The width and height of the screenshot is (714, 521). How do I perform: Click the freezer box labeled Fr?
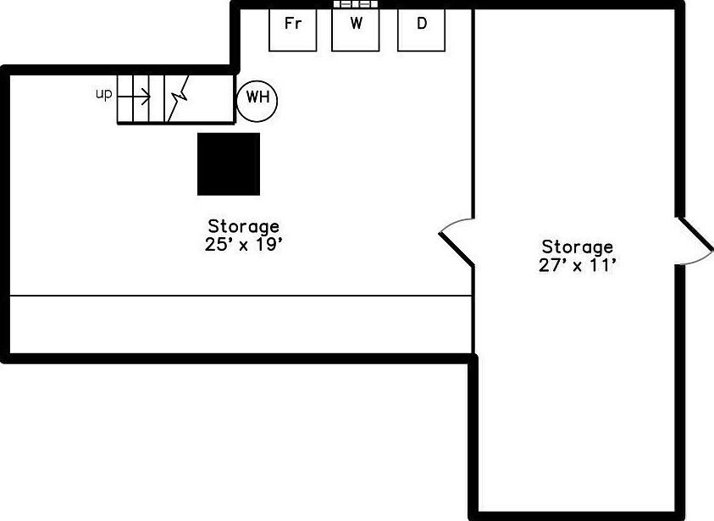292,30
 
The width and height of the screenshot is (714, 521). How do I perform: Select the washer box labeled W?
355,30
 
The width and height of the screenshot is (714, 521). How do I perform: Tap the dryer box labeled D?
422,30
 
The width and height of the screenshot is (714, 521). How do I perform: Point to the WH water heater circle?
257,97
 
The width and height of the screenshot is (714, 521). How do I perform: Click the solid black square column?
229,164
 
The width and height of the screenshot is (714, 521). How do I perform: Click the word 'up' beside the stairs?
103,94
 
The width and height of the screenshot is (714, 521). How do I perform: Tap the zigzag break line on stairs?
178,97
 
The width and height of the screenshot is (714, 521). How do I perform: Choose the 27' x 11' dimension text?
578,266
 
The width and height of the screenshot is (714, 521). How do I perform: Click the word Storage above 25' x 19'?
243,226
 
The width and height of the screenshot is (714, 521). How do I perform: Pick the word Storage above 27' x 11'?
578,247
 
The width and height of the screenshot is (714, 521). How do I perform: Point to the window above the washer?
355,4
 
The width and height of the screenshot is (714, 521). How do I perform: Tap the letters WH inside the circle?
257,97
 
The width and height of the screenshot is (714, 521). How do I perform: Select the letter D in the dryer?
422,24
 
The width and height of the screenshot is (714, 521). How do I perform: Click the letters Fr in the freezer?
293,24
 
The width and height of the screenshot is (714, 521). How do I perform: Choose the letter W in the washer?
356,24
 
